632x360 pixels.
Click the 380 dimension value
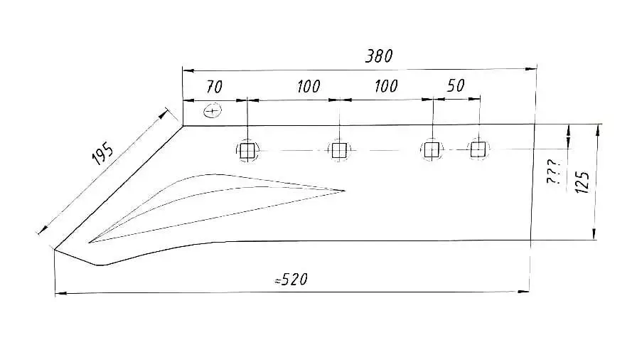click(x=379, y=56)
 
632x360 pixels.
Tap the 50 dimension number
click(x=456, y=86)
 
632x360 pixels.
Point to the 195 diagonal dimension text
click(x=103, y=153)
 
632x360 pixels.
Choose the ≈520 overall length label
click(x=291, y=280)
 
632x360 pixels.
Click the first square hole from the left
click(x=247, y=150)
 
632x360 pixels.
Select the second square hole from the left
click(x=338, y=150)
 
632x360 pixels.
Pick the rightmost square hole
click(x=478, y=149)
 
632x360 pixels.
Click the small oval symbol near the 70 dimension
click(x=213, y=111)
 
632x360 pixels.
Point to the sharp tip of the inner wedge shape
click(x=345, y=190)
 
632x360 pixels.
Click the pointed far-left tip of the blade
click(x=54, y=249)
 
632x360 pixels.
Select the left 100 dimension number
click(x=309, y=87)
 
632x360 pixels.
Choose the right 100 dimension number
click(x=385, y=87)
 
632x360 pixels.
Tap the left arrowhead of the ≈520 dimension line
click(x=58, y=293)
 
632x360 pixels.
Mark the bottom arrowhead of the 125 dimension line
click(x=595, y=237)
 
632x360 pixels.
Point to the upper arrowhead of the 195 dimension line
click(x=166, y=112)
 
